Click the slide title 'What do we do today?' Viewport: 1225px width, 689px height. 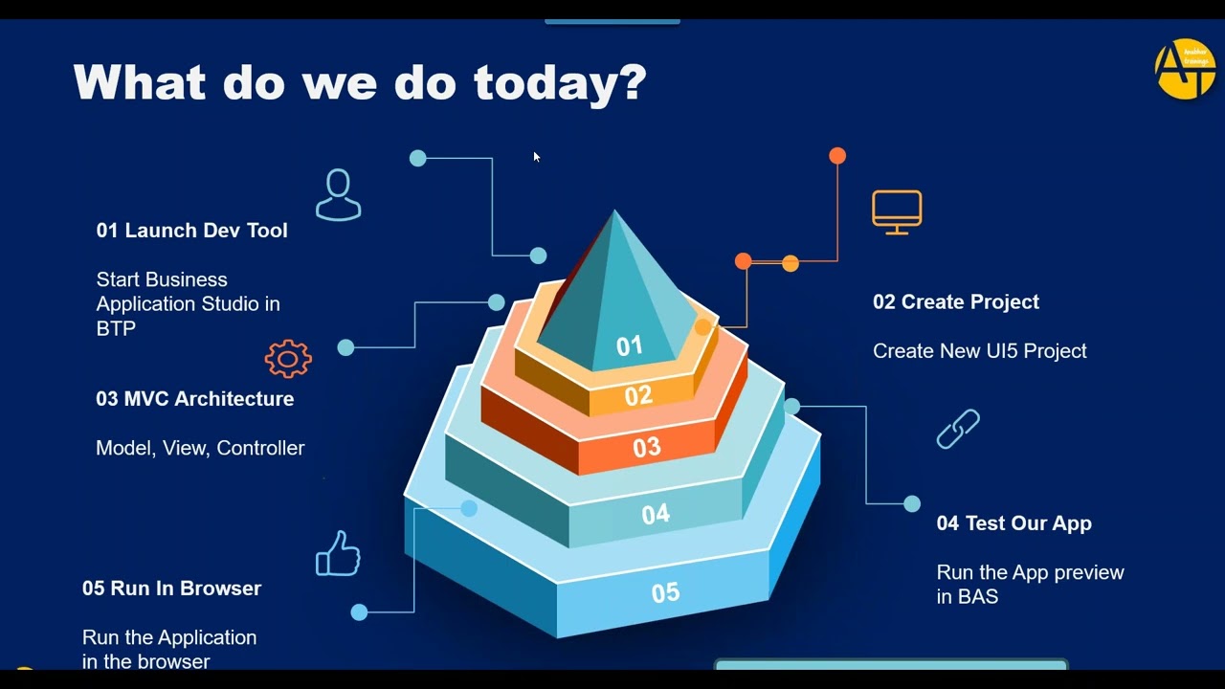point(360,83)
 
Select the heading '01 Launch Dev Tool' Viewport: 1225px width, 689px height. point(191,231)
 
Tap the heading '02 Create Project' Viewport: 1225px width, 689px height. point(955,302)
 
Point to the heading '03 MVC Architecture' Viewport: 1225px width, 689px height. point(194,399)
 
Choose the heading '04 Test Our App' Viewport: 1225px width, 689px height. point(1013,523)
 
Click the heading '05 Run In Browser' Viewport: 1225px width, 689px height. point(171,589)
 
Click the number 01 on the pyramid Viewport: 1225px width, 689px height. point(629,346)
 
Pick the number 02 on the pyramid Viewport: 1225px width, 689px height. point(638,395)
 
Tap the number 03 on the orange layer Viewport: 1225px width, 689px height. point(647,447)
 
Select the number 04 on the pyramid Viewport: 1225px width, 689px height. point(656,515)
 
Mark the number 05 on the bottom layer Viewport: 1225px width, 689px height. point(665,593)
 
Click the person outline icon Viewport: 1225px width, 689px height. point(338,195)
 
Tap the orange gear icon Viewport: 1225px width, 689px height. point(288,359)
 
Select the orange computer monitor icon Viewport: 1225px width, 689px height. point(897,211)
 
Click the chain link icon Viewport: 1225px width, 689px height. point(958,429)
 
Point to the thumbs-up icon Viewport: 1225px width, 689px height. point(338,554)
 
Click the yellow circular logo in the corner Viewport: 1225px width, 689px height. point(1185,69)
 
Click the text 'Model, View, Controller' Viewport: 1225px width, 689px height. point(200,448)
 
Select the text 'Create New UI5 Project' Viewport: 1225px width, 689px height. point(979,351)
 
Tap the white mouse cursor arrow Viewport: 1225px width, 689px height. point(537,157)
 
